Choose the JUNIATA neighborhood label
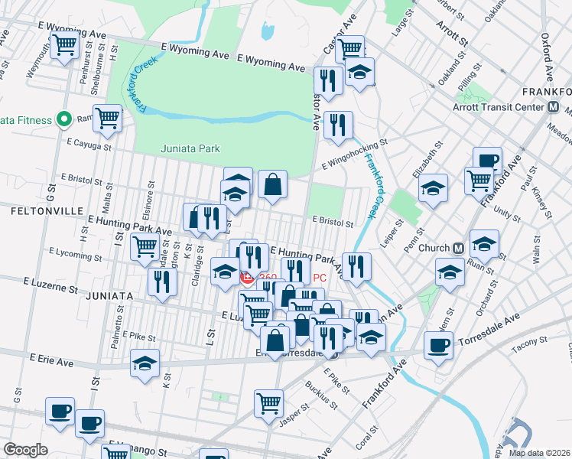(x=110, y=295)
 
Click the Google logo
(x=24, y=451)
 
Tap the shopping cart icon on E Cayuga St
(x=108, y=118)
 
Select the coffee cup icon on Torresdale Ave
(x=438, y=345)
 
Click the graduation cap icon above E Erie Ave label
(x=144, y=364)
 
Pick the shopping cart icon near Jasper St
(x=268, y=402)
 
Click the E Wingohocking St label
(x=354, y=152)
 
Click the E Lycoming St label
(x=74, y=254)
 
